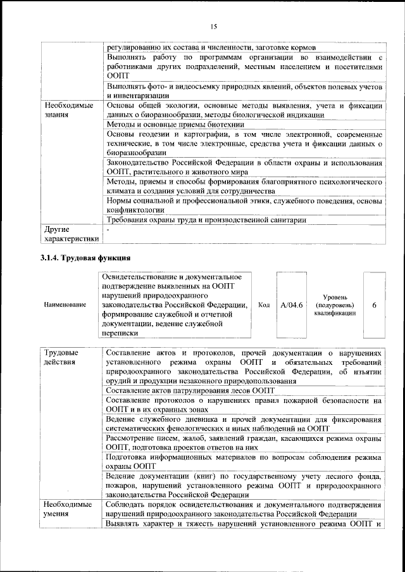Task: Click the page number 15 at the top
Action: [214, 26]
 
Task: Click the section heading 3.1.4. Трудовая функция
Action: [82, 258]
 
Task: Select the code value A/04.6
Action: [291, 305]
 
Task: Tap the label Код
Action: [264, 305]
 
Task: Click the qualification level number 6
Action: [374, 305]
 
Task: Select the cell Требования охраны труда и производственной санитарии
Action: [207, 220]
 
